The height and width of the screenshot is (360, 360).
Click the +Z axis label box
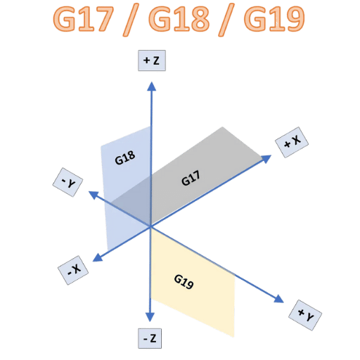pyautogui.click(x=152, y=60)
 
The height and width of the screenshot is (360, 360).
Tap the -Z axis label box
pyautogui.click(x=150, y=338)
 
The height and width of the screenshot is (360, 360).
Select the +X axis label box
pyautogui.click(x=292, y=142)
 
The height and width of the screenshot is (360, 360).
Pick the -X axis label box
pyautogui.click(x=73, y=270)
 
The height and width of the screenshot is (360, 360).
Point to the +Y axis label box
pyautogui.click(x=305, y=315)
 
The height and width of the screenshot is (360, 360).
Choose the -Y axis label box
pyautogui.click(x=67, y=182)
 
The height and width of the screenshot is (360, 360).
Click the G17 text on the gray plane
pyautogui.click(x=191, y=178)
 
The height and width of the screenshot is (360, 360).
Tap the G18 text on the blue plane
pyautogui.click(x=125, y=157)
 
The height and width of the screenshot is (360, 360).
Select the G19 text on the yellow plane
pyautogui.click(x=184, y=282)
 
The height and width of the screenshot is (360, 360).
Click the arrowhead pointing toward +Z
pyautogui.click(x=152, y=86)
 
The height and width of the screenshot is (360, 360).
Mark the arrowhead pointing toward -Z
pyautogui.click(x=150, y=317)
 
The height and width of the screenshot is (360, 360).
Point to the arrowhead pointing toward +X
pyautogui.click(x=266, y=159)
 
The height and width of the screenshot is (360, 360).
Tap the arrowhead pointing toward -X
pyautogui.click(x=98, y=257)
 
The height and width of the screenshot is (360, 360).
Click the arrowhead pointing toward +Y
pyautogui.click(x=278, y=299)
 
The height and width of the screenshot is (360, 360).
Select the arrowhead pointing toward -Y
pyautogui.click(x=94, y=195)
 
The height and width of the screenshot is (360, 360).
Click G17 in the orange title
pyautogui.click(x=84, y=18)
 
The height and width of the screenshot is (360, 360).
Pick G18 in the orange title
pyautogui.click(x=179, y=18)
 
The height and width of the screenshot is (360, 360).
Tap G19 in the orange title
pyautogui.click(x=274, y=18)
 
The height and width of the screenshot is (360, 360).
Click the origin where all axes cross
pyautogui.click(x=150, y=226)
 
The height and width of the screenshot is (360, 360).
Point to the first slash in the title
pyautogui.click(x=131, y=20)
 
